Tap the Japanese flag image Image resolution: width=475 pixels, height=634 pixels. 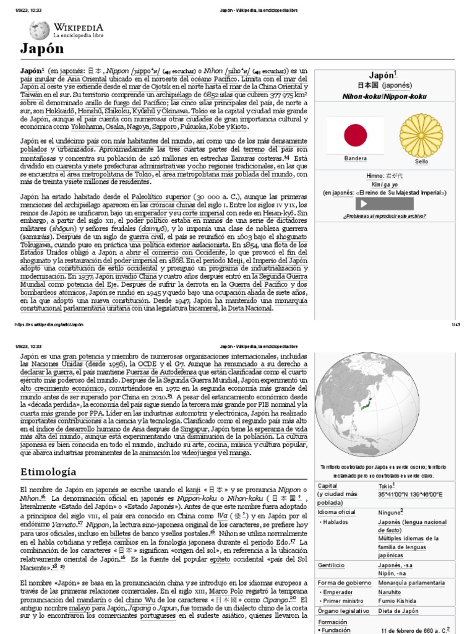click(x=355, y=134)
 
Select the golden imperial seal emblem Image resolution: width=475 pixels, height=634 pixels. click(x=421, y=134)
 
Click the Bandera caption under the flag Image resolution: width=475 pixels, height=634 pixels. click(x=355, y=159)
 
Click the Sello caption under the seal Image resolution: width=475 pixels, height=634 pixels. click(x=421, y=161)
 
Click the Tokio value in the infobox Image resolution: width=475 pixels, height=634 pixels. click(x=385, y=486)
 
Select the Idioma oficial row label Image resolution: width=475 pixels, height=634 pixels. click(x=337, y=513)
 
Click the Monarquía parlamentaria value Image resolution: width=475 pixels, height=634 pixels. click(x=411, y=583)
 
